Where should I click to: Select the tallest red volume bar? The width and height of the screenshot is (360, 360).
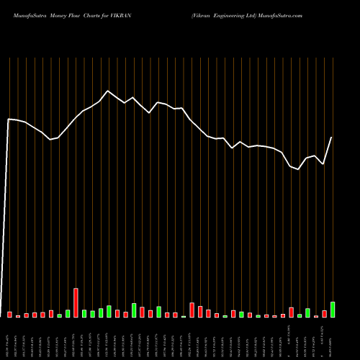point(76,303)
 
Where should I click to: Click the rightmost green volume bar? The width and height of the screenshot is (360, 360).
point(333,310)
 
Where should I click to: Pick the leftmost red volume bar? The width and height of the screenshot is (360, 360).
point(9,315)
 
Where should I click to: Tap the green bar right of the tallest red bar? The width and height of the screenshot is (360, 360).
point(84,314)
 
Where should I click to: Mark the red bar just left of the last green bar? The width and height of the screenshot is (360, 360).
point(324,314)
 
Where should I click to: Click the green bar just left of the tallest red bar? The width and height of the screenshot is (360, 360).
point(68,314)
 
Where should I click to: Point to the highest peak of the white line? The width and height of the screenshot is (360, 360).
point(108,91)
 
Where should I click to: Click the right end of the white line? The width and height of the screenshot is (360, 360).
point(332,138)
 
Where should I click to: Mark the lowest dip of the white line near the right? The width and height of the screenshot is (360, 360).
point(299,170)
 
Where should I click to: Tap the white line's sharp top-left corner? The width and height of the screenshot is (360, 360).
point(9,119)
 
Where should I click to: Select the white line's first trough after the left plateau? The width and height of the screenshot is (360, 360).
point(50,139)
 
